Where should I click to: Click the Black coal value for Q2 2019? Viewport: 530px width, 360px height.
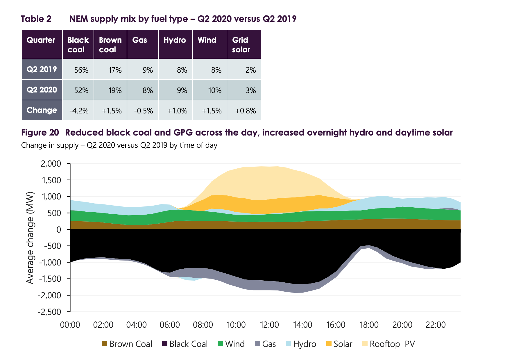[81, 70]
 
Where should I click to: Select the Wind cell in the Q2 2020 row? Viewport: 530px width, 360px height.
[214, 90]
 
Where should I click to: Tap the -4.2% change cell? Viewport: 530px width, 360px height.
[79, 111]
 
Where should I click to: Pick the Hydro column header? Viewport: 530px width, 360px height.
[175, 40]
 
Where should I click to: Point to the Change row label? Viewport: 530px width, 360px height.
[42, 110]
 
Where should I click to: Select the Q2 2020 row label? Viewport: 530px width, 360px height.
[42, 90]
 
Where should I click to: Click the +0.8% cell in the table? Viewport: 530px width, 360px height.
[246, 111]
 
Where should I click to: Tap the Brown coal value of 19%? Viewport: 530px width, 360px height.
[115, 90]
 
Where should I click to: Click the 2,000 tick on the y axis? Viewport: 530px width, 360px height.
[51, 164]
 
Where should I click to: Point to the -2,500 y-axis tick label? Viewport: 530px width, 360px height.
[49, 312]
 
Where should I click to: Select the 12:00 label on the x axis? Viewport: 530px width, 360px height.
[269, 325]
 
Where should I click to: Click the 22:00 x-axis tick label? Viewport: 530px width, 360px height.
[435, 325]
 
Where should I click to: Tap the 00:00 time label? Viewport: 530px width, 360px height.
[70, 325]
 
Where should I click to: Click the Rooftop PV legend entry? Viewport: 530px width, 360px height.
[389, 344]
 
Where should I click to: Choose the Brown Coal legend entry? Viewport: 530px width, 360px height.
[127, 344]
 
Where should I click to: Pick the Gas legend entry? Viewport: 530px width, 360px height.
[265, 344]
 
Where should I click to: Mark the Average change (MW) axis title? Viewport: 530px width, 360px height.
[30, 238]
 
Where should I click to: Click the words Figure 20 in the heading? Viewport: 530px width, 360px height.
[40, 133]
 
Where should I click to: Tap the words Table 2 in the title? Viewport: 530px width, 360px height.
[36, 19]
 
